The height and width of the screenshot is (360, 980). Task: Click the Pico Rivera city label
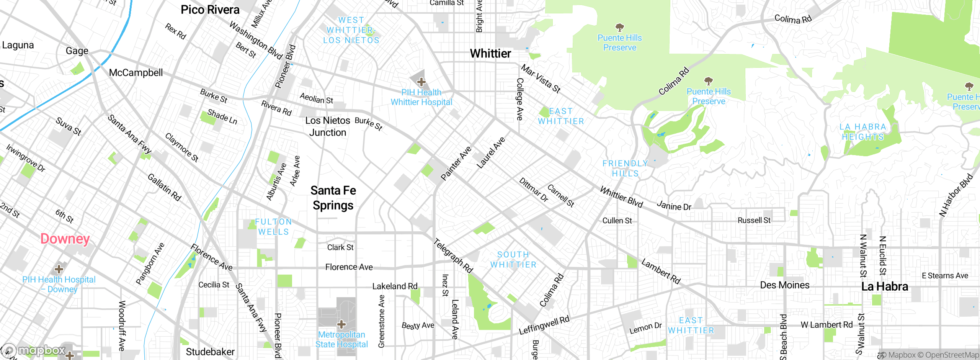tap(210, 10)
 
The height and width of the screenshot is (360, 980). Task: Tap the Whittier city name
tap(490, 54)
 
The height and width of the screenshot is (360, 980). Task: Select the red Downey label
tap(65, 239)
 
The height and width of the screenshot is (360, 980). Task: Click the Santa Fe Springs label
tap(333, 198)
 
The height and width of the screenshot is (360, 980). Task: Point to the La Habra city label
tap(884, 286)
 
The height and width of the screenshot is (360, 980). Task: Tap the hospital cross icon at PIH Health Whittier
tap(421, 82)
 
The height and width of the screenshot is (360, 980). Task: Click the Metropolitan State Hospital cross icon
tap(341, 325)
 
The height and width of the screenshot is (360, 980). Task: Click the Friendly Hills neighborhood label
tap(625, 169)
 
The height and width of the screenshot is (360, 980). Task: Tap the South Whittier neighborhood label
tap(513, 260)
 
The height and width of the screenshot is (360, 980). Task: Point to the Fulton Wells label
tap(273, 227)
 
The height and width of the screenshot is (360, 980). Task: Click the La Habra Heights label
tap(863, 132)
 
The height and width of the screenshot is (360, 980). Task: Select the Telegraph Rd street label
tap(453, 255)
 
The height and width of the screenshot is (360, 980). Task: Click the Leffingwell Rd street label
tap(544, 325)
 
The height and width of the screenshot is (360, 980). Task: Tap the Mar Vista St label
tap(541, 79)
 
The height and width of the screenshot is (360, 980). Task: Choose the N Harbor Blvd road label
tap(955, 195)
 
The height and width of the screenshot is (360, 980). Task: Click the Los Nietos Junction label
tap(328, 126)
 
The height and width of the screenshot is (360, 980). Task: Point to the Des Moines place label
tap(784, 285)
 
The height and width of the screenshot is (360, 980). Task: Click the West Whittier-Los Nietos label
tap(351, 30)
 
